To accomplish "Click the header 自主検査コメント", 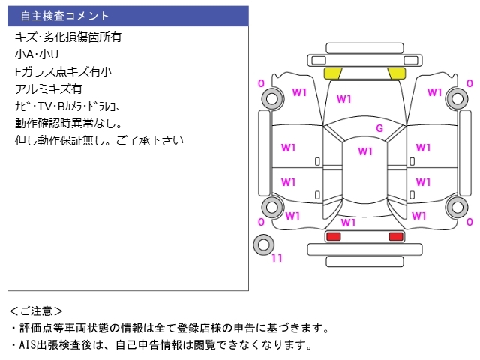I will coord(65,16).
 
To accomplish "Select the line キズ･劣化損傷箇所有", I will coord(68,36).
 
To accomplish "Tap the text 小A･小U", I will coord(37,54).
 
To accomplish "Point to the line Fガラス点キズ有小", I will coord(63,71).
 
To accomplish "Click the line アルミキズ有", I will coord(49,88).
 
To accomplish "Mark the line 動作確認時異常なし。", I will coord(68,123).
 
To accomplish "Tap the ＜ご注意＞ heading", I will coord(37,310).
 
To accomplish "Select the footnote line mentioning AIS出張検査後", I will coord(161,345).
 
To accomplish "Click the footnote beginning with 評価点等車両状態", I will coord(169,328).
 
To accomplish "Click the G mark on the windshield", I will coord(379,129).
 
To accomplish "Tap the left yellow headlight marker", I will coord(332,73).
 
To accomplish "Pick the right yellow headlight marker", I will coord(397,73).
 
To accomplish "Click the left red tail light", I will coord(333,236).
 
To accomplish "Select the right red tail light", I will coord(395,236).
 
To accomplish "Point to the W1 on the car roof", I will coord(364,151).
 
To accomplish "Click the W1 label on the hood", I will coord(344,99).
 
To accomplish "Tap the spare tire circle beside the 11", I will coord(263,244).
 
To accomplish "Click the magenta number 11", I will coord(277,259).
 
